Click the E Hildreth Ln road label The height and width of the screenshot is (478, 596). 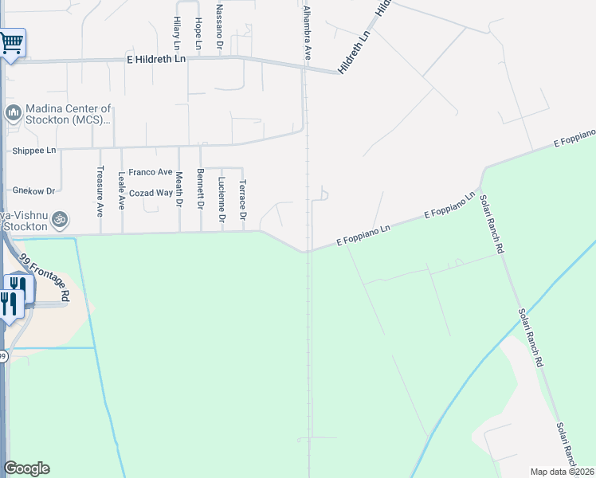pyautogui.click(x=155, y=59)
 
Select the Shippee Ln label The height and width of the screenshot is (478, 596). pyautogui.click(x=34, y=151)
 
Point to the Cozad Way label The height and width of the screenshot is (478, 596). pyautogui.click(x=151, y=193)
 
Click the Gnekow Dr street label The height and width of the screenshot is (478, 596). pyautogui.click(x=33, y=191)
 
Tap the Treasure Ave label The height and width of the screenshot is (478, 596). pyautogui.click(x=100, y=191)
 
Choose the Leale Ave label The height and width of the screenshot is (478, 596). pyautogui.click(x=122, y=190)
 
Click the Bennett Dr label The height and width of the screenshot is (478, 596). pyautogui.click(x=200, y=190)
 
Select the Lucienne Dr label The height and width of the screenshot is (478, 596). pyautogui.click(x=221, y=198)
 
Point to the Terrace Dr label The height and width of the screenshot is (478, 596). pyautogui.click(x=242, y=200)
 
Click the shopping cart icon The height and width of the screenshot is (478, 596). pyautogui.click(x=11, y=43)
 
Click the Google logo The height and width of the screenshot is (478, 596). pyautogui.click(x=26, y=468)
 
